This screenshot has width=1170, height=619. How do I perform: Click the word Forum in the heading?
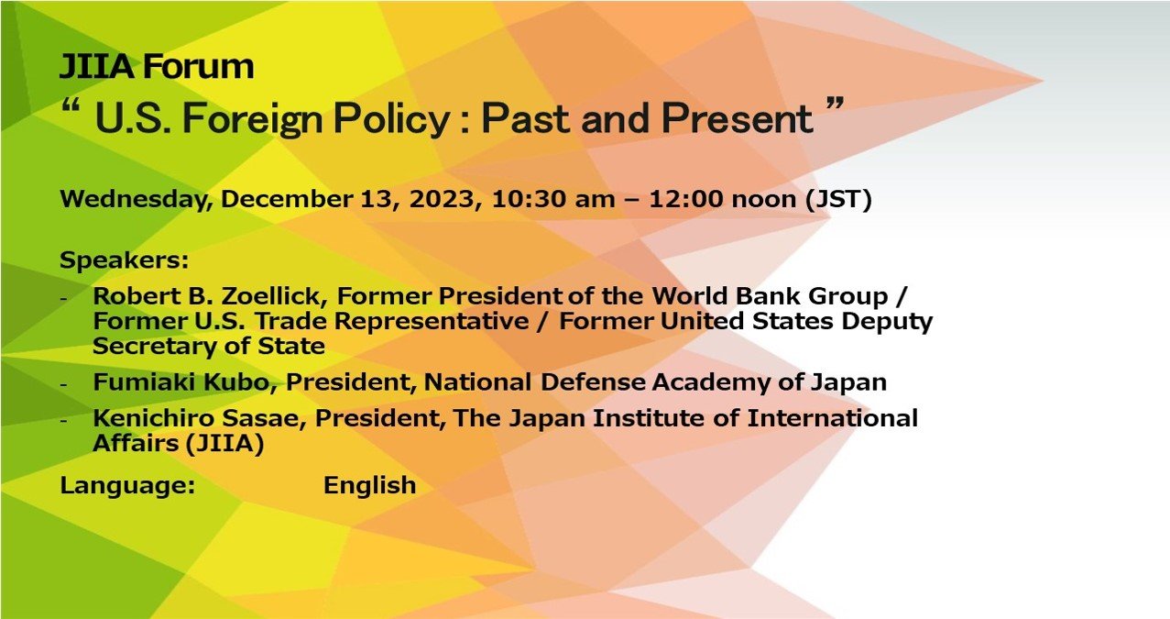pos(198,66)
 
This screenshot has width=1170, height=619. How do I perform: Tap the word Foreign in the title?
pos(253,119)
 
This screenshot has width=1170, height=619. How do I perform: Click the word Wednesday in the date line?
pos(137,200)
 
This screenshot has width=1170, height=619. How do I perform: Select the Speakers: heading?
pos(125,260)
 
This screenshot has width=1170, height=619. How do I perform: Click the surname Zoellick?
pos(274,296)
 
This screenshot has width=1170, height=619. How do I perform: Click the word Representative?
pos(432,322)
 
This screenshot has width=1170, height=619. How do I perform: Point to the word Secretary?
pos(155,346)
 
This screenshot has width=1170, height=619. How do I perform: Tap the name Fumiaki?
pos(144,381)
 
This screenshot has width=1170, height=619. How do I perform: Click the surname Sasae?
pos(264,418)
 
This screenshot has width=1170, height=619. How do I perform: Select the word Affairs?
pos(136,443)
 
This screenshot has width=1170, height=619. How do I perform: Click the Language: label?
pos(127,486)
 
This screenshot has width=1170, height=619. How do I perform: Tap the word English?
pos(370,486)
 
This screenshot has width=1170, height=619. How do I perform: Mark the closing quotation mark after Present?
pos(836,103)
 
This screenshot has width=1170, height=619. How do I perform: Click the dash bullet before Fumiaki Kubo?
pos(64,384)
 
